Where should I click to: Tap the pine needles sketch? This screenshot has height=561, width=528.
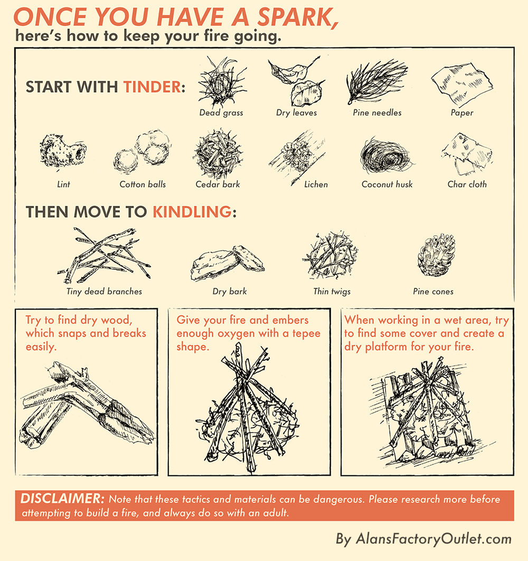point(376,81)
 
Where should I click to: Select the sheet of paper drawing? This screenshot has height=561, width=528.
point(462,85)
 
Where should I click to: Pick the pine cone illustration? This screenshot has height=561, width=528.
point(436,255)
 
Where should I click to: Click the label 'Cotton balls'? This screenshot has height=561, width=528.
point(143,184)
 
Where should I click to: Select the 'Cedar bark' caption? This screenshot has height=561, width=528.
point(218,184)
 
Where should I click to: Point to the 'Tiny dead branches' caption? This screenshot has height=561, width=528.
point(104,292)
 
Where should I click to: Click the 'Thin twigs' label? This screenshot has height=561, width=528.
point(332,292)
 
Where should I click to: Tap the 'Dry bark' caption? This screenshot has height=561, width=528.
point(230,292)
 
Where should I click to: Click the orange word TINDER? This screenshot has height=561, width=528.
point(152,87)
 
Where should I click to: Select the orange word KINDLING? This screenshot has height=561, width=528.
point(192,212)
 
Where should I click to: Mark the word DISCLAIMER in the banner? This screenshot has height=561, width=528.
point(62,499)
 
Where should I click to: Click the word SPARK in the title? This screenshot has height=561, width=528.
point(298,17)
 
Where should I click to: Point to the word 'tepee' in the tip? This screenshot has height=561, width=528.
point(306,333)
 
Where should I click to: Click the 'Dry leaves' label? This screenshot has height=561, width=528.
point(297,113)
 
